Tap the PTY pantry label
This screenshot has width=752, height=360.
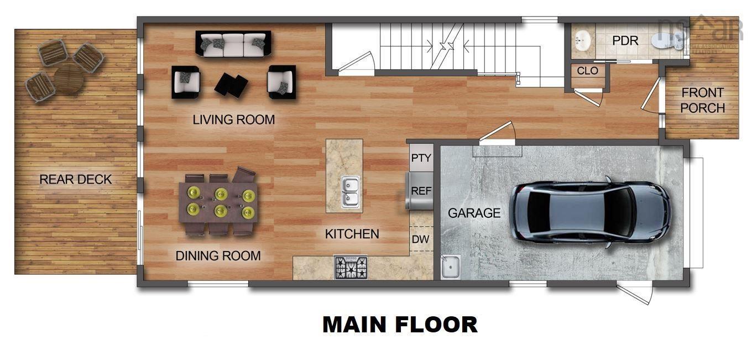(421, 158)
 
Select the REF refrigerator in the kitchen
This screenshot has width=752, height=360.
(421, 191)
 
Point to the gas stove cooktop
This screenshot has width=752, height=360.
(351, 268)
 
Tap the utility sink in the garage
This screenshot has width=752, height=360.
(450, 267)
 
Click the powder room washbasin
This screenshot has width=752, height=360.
(582, 40)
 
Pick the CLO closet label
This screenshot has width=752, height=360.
(587, 71)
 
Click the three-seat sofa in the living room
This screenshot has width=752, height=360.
(233, 44)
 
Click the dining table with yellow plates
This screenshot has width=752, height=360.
(218, 202)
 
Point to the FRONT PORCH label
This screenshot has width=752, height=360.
(702, 100)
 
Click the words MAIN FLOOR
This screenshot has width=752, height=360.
(400, 325)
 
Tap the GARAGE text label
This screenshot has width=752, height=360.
(474, 213)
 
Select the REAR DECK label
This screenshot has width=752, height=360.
(75, 179)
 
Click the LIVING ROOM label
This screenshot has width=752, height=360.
(233, 119)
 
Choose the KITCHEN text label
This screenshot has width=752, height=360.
(352, 234)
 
